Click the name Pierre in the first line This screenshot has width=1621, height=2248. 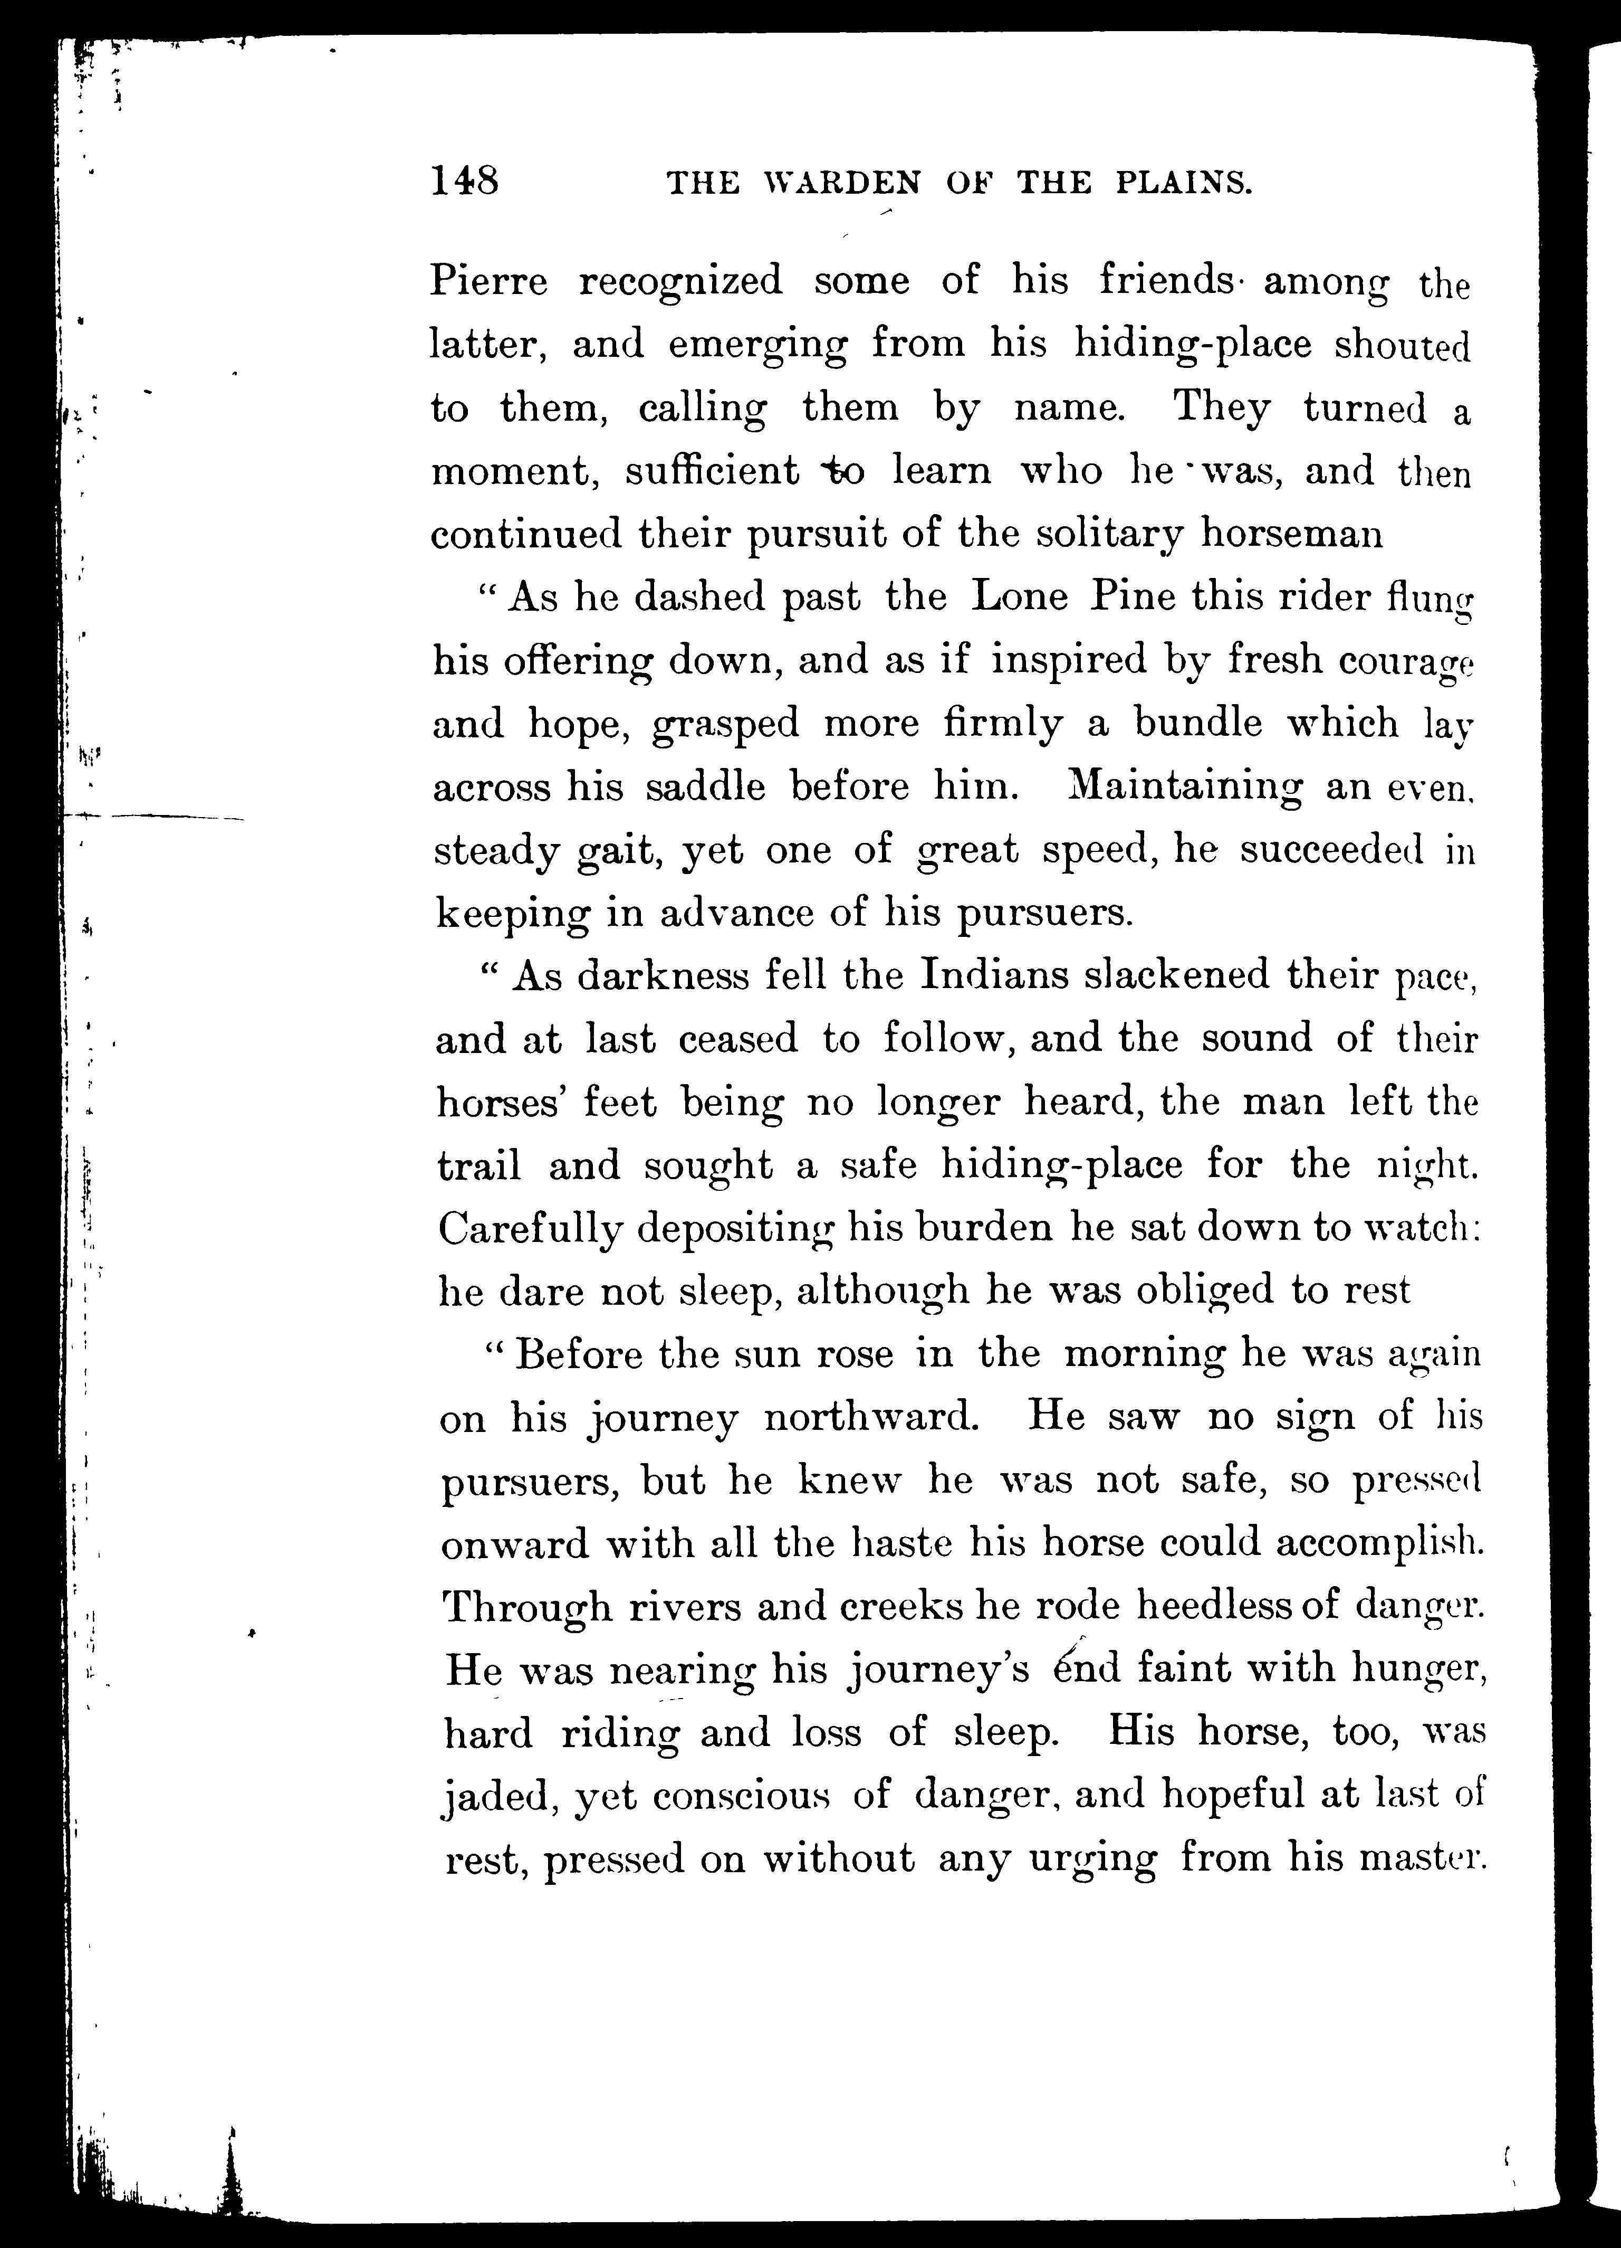click(x=488, y=281)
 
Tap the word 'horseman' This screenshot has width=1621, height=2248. click(x=1291, y=535)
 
